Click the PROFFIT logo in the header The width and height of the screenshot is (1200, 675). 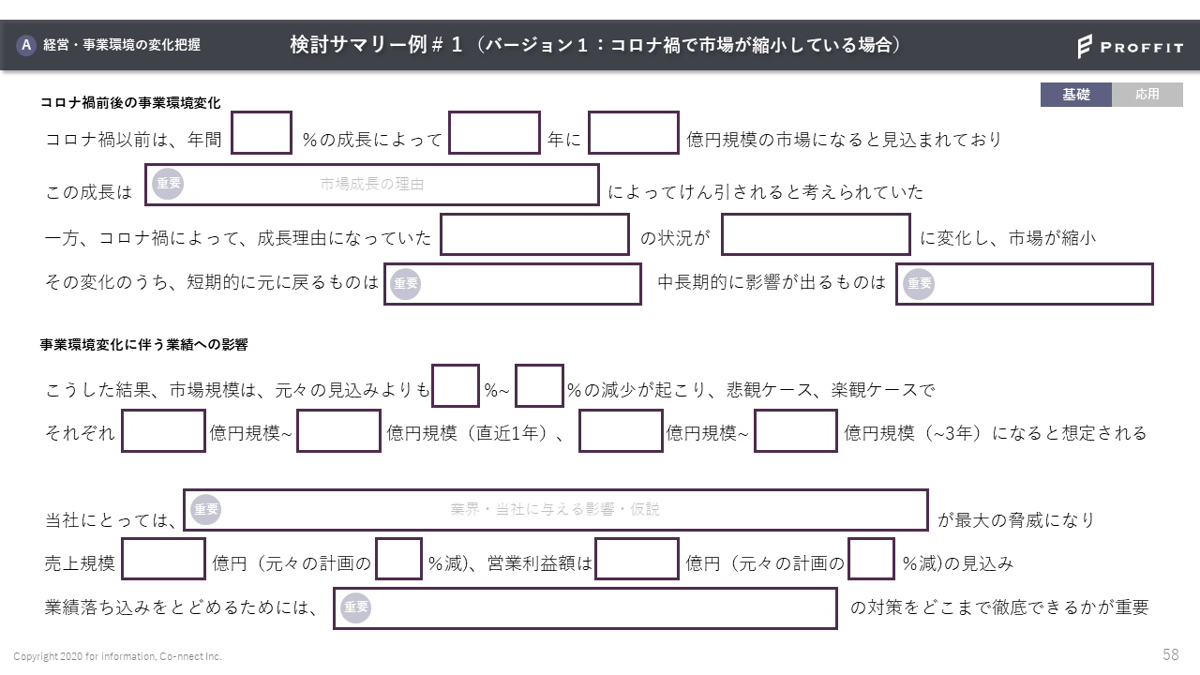[1130, 46]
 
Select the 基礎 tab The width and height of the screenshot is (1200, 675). [1075, 95]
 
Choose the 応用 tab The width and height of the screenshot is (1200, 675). [1147, 95]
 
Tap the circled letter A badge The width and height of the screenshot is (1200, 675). [26, 44]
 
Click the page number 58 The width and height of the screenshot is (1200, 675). [1170, 655]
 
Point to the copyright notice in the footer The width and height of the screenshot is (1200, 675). [117, 656]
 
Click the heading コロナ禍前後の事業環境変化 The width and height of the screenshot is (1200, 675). [130, 103]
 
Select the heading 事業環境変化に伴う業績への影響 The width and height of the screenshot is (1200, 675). [143, 345]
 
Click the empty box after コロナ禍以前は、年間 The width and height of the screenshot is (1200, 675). [262, 133]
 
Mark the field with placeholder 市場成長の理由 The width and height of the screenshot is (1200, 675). [372, 185]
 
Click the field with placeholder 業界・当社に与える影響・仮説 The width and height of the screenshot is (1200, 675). [556, 510]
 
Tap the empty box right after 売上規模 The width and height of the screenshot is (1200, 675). [163, 560]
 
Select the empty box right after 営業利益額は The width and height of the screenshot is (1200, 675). [637, 560]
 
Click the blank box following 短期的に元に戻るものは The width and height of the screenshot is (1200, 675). [513, 284]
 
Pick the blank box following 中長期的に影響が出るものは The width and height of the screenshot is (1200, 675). [1024, 284]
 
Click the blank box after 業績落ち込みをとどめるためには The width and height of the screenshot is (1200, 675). [585, 608]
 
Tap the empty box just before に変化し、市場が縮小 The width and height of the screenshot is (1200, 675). [816, 234]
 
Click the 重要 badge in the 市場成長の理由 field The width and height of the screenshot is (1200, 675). [169, 185]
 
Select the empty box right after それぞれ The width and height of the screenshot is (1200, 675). [163, 431]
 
